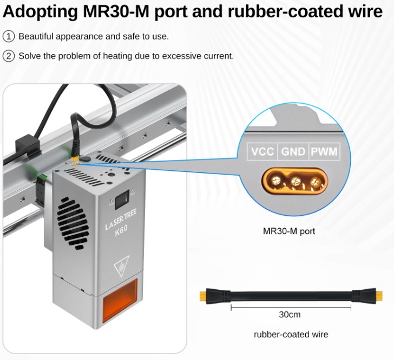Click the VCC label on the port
point(262,152)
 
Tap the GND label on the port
point(293,152)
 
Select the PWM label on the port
point(324,152)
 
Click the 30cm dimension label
point(290,315)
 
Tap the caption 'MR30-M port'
point(288,231)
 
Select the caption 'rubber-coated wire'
point(291,334)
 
